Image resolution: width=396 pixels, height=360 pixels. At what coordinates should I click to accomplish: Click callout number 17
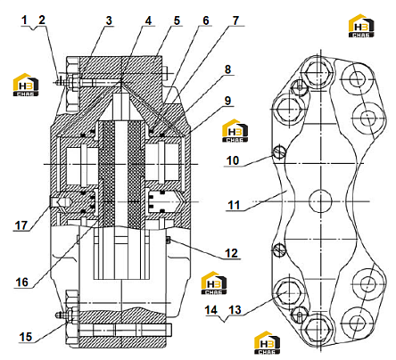click(21, 225)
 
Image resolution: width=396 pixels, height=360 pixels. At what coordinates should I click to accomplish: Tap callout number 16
click(22, 282)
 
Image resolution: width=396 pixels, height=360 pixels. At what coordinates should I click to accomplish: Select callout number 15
click(26, 337)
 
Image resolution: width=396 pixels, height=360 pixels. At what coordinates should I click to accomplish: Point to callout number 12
click(231, 253)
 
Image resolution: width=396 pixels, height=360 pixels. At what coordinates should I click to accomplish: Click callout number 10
click(233, 160)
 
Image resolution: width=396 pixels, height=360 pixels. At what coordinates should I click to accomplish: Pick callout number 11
click(234, 205)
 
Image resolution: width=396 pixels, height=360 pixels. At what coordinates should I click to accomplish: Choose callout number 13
click(235, 310)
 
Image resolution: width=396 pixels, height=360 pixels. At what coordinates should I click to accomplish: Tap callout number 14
click(211, 310)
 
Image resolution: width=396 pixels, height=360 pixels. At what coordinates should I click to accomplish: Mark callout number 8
click(227, 70)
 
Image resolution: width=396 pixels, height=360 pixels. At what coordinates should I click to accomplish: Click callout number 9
click(227, 101)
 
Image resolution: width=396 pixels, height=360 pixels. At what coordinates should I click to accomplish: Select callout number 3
click(109, 20)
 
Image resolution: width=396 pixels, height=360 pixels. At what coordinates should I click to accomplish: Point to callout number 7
click(235, 20)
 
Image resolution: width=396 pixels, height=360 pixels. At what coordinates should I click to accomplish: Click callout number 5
click(177, 20)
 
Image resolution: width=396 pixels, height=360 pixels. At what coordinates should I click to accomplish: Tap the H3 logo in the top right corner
click(361, 26)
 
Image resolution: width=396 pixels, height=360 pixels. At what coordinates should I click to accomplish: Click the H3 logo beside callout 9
click(235, 131)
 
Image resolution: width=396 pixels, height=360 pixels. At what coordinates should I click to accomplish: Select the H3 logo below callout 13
click(267, 342)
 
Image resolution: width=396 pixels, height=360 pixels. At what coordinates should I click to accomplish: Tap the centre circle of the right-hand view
click(320, 201)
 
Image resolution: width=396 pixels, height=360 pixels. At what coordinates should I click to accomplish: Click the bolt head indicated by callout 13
click(287, 293)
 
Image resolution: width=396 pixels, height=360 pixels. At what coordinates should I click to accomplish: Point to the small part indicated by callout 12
click(168, 240)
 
